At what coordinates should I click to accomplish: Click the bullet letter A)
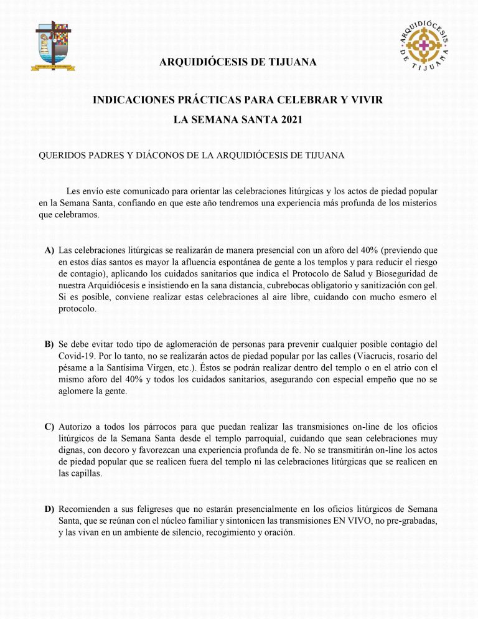pos(49,250)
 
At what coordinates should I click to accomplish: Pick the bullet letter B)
pos(49,344)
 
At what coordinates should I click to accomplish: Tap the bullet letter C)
pos(49,427)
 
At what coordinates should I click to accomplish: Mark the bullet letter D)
pos(49,510)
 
